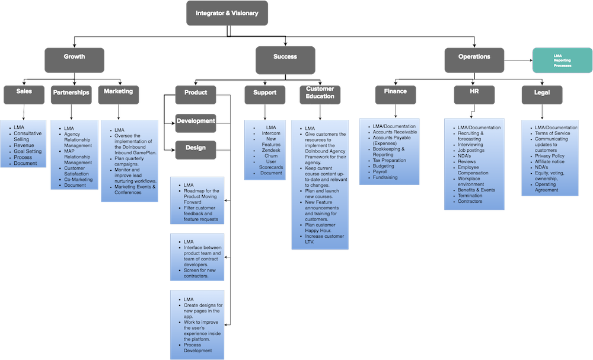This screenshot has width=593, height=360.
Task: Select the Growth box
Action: point(74,58)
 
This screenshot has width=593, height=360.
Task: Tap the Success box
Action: point(285,58)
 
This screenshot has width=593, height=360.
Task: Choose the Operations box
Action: point(474,58)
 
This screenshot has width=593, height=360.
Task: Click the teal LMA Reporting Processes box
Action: point(561,60)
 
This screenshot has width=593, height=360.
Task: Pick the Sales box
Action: point(23,93)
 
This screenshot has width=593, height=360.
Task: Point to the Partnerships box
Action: point(71,93)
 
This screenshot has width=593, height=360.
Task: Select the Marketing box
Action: point(118,92)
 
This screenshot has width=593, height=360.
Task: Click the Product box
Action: point(195,93)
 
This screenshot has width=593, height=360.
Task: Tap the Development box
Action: point(195,121)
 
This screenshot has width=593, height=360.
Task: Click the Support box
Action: point(264,93)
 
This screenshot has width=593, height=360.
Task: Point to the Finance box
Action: point(395,92)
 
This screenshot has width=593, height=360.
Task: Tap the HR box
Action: point(474,93)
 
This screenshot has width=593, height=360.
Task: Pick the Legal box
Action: point(541,93)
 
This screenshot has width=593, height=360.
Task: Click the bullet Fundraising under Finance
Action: point(385,177)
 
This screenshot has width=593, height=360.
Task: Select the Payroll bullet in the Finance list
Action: point(382,171)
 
